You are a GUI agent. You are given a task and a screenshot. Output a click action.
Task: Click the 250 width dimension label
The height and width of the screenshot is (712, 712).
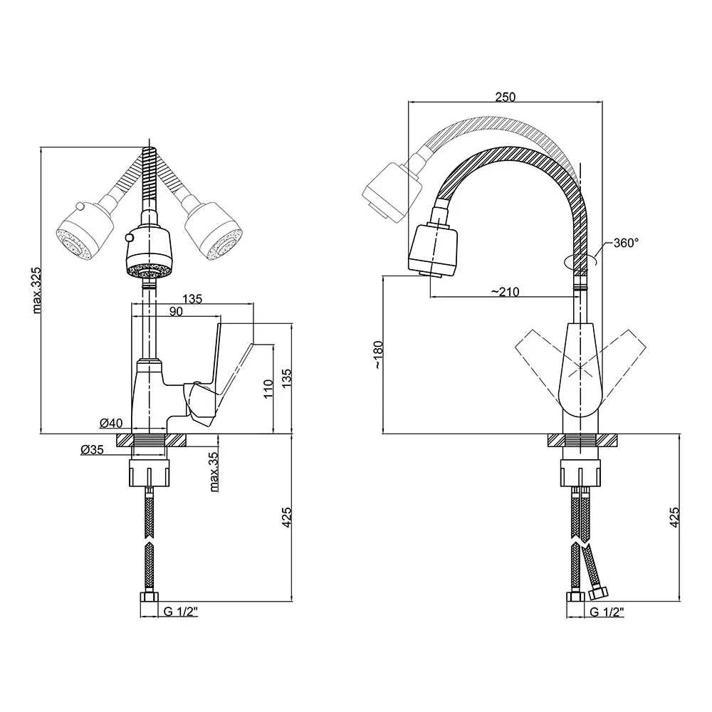coord(506,97)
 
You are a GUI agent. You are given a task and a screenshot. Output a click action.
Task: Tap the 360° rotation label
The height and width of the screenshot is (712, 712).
coord(626,243)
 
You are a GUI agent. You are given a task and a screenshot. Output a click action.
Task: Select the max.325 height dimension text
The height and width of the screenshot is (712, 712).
coord(37,290)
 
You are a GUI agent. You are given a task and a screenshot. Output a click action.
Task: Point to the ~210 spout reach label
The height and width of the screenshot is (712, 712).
coord(505,291)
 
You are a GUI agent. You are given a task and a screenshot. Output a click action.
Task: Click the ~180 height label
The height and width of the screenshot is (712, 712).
coord(378,354)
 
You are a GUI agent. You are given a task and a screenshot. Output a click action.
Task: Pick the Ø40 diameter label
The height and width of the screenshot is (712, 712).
coord(111,423)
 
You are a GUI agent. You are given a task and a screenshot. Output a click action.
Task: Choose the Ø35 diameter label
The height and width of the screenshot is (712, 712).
coord(92,449)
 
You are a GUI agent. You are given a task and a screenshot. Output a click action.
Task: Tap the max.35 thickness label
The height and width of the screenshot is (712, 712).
coord(214,472)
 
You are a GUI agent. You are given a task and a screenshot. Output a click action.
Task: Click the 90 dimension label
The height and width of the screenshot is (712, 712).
coord(176,311)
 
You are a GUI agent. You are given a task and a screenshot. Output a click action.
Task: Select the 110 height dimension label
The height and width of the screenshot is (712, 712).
coord(268,389)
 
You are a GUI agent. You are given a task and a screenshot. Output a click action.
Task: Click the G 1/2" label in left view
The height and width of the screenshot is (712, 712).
coord(181,612)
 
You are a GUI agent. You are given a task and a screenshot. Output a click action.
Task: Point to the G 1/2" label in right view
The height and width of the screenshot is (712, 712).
coord(607,612)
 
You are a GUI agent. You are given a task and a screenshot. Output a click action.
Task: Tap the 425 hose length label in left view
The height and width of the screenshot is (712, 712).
coord(286,517)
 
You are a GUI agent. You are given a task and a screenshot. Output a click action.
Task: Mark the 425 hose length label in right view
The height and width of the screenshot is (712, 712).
coord(674,517)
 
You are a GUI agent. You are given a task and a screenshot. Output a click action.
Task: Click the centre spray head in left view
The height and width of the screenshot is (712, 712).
coord(149,252)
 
